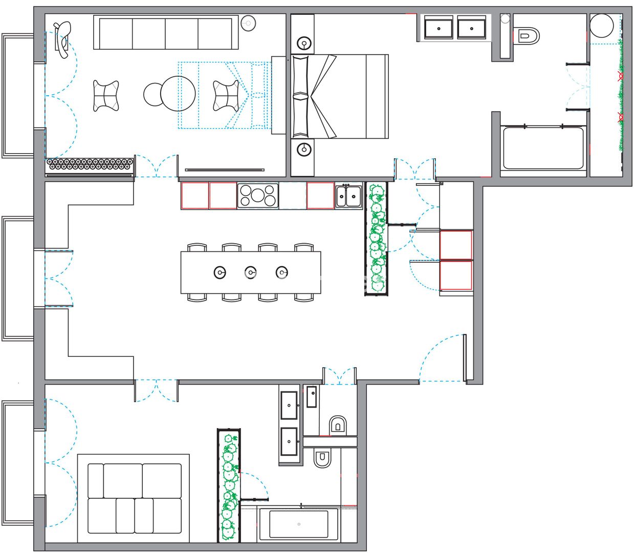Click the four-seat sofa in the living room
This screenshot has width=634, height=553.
pos(166,33)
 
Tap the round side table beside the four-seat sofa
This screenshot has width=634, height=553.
pos(248,23)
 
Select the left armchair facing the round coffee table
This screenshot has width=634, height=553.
pos(106,96)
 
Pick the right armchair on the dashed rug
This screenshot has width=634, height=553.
pos(226,95)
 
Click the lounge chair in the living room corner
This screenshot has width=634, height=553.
pos(62,39)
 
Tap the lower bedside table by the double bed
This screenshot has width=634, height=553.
pos(304,150)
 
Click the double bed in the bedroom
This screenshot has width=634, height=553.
pos(340,96)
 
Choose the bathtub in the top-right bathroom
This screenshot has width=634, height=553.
pos(543,148)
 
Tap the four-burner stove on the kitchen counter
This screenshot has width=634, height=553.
pos(258,196)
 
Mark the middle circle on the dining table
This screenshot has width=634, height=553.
pos(250,272)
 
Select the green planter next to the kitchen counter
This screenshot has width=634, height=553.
pos(377,239)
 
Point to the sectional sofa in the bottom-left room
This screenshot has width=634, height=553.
pos(134,498)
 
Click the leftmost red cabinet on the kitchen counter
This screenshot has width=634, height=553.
pos(195,196)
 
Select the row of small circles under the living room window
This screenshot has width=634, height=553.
pos(90,164)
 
